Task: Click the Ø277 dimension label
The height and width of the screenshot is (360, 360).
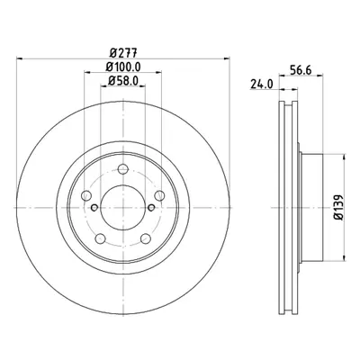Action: tap(123, 53)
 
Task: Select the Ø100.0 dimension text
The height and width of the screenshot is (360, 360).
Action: tap(123, 67)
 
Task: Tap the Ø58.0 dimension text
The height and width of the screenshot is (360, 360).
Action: tap(123, 80)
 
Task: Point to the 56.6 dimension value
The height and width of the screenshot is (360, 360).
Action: tap(301, 70)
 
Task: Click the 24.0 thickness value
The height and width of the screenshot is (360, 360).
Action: tap(262, 85)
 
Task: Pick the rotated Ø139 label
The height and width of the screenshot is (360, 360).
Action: tap(338, 208)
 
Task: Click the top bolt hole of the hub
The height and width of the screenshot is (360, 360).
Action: tap(123, 169)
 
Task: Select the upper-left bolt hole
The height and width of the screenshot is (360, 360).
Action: tap(86, 195)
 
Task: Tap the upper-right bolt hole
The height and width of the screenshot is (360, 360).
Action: tap(159, 195)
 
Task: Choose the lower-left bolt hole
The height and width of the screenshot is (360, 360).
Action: tap(101, 238)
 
